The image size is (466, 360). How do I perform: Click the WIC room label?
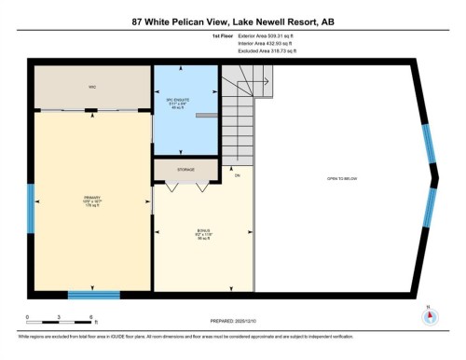pyautogui.click(x=92, y=86)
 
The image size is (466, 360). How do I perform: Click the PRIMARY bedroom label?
pyautogui.click(x=91, y=201)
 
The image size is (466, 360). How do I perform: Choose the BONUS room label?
pyautogui.click(x=202, y=233)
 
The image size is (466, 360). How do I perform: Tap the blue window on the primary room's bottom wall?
pyautogui.click(x=93, y=295)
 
